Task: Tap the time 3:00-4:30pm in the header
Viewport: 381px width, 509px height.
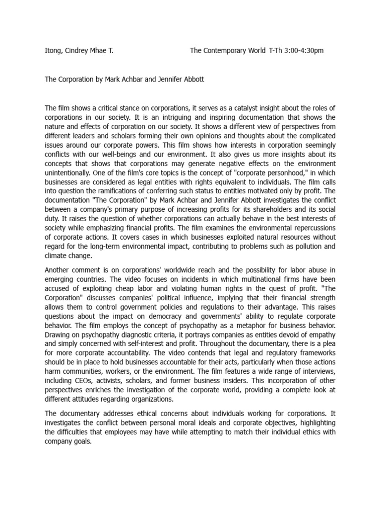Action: [x=303, y=51]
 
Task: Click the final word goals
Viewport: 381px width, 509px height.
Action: [x=80, y=441]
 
